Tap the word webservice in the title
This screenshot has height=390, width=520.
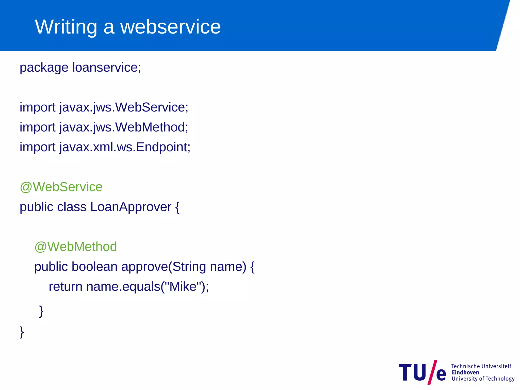170,27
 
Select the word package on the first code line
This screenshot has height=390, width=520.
44,68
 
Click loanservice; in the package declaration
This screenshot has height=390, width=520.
107,68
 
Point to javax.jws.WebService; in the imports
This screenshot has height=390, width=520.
124,107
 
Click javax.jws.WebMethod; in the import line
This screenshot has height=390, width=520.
124,127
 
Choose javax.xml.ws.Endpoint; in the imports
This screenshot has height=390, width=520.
125,147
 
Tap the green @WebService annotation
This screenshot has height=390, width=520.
61,187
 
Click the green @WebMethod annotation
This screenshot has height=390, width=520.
76,247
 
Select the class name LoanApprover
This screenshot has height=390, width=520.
131,207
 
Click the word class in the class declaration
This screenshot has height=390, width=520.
72,207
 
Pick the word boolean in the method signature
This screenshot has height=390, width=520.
94,267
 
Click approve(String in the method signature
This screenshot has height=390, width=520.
164,267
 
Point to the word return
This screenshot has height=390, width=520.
66,287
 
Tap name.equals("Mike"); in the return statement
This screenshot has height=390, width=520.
148,287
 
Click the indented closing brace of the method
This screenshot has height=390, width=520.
41,311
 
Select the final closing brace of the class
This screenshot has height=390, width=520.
22,332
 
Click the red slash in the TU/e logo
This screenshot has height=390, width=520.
432,372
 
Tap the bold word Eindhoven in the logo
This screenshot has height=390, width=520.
465,372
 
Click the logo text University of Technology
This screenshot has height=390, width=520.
483,379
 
